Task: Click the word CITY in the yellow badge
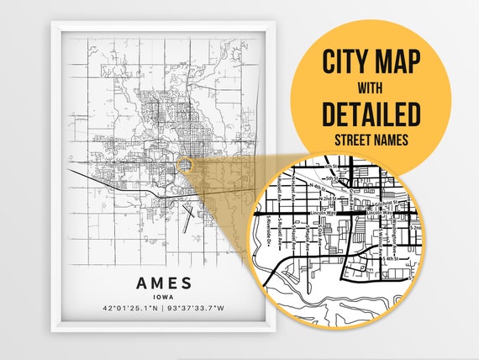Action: [345, 61]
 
